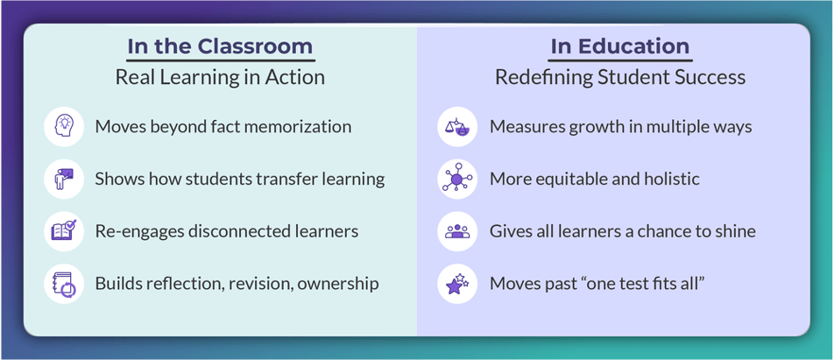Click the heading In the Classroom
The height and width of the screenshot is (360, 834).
click(220, 46)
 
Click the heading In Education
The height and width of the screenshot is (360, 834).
click(620, 46)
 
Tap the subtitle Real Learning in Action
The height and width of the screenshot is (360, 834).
click(220, 78)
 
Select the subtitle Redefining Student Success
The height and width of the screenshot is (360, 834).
click(620, 78)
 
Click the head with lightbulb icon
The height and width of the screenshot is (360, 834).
click(64, 126)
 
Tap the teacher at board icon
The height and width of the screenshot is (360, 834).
click(64, 179)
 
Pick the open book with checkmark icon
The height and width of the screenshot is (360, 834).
click(64, 231)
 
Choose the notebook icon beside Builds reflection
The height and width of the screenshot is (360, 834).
click(64, 284)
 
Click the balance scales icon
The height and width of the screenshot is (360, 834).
click(457, 126)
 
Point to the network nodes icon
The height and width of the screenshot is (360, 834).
click(457, 179)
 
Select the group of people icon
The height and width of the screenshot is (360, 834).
click(457, 231)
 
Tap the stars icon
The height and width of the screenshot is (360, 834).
click(457, 284)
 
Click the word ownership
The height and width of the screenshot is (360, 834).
click(338, 285)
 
